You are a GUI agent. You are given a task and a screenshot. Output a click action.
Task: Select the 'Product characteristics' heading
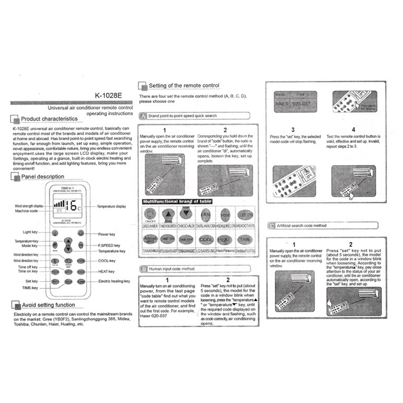[x=49, y=119]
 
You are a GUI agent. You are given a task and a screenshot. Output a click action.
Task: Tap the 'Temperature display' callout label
[x=112, y=206]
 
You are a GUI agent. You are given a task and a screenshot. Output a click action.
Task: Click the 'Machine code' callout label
[x=26, y=211]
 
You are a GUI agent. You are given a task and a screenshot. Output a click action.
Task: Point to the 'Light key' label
[x=30, y=232]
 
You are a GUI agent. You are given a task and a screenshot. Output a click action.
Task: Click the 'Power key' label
[x=107, y=234]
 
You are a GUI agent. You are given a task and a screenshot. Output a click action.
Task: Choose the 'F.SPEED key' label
[x=109, y=245]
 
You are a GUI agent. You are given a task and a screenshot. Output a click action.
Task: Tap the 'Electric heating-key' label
[x=114, y=281]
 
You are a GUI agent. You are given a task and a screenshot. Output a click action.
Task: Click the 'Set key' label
[x=32, y=281]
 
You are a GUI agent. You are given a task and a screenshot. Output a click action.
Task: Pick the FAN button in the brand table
[x=206, y=215]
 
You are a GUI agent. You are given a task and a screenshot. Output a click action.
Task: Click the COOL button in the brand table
[x=206, y=240]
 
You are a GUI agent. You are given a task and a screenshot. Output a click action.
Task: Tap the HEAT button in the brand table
[x=224, y=240]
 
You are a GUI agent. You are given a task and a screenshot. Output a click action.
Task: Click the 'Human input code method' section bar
[x=171, y=269]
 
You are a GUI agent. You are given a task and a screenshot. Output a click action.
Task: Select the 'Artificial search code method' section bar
[x=301, y=226]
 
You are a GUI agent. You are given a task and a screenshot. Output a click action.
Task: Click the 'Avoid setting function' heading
[x=48, y=305]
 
